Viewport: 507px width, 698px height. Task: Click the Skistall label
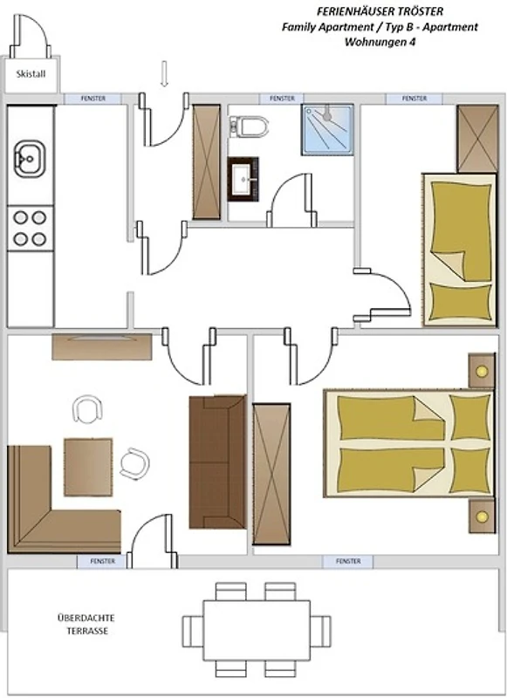(31, 74)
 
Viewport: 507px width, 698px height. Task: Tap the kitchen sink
(30, 159)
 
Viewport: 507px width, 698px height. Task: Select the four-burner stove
(31, 228)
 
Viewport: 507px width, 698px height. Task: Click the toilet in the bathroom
(250, 127)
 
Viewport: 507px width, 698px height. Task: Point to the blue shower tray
(327, 129)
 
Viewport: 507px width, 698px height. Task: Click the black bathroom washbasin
(243, 179)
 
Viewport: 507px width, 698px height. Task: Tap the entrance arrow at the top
(164, 74)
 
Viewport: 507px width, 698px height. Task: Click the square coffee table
(88, 467)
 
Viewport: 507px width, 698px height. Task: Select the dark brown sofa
(217, 462)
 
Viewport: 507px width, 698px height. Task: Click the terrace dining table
(257, 630)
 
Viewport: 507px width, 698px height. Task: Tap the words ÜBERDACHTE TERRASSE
(86, 624)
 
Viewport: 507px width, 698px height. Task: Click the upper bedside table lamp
(482, 372)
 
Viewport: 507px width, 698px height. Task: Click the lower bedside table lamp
(482, 517)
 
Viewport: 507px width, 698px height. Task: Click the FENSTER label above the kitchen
(93, 99)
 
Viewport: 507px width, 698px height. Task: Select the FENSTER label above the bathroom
(282, 98)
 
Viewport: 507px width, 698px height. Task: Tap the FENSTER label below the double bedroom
(348, 561)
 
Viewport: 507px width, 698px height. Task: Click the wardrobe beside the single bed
(477, 139)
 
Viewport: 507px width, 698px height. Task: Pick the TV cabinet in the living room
(102, 346)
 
